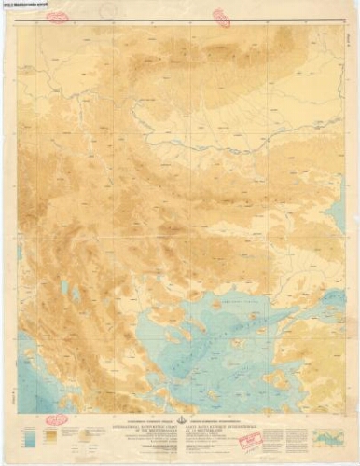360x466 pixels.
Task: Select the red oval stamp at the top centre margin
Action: [221, 17]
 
